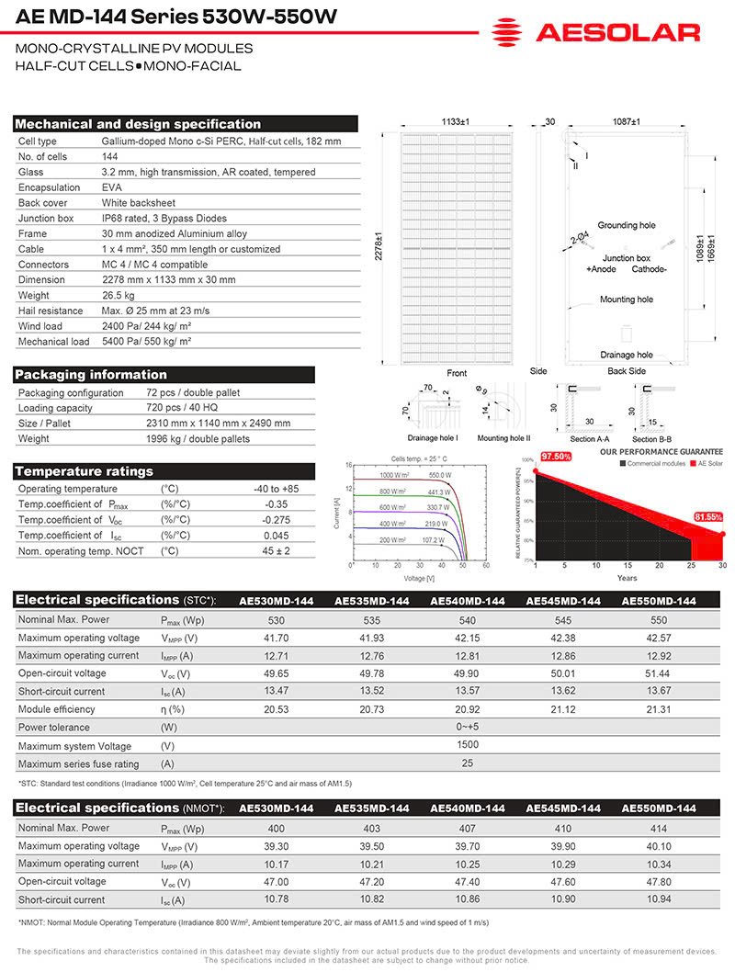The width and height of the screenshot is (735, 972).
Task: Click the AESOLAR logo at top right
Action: pyautogui.click(x=595, y=33)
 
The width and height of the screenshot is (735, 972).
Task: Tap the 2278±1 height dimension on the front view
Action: pyautogui.click(x=379, y=245)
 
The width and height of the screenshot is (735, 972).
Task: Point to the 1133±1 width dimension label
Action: pyautogui.click(x=454, y=121)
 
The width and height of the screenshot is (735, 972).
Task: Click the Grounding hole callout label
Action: pyautogui.click(x=626, y=225)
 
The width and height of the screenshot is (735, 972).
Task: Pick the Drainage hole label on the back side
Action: pyautogui.click(x=626, y=355)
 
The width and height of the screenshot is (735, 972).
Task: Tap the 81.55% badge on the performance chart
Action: pyautogui.click(x=708, y=516)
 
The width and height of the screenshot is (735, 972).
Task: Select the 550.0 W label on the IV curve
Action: pyautogui.click(x=440, y=475)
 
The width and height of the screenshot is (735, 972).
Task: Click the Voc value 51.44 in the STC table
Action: pyautogui.click(x=659, y=673)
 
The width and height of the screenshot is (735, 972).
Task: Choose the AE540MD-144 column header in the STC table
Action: pyautogui.click(x=468, y=601)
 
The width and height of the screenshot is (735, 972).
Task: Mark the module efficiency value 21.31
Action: pyautogui.click(x=659, y=709)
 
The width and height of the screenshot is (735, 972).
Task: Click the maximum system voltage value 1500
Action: pyautogui.click(x=468, y=746)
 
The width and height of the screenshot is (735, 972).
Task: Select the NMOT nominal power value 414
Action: pyautogui.click(x=659, y=828)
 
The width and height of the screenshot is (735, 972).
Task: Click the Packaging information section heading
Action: pyautogui.click(x=92, y=375)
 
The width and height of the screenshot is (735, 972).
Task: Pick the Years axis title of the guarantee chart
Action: pyautogui.click(x=627, y=579)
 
